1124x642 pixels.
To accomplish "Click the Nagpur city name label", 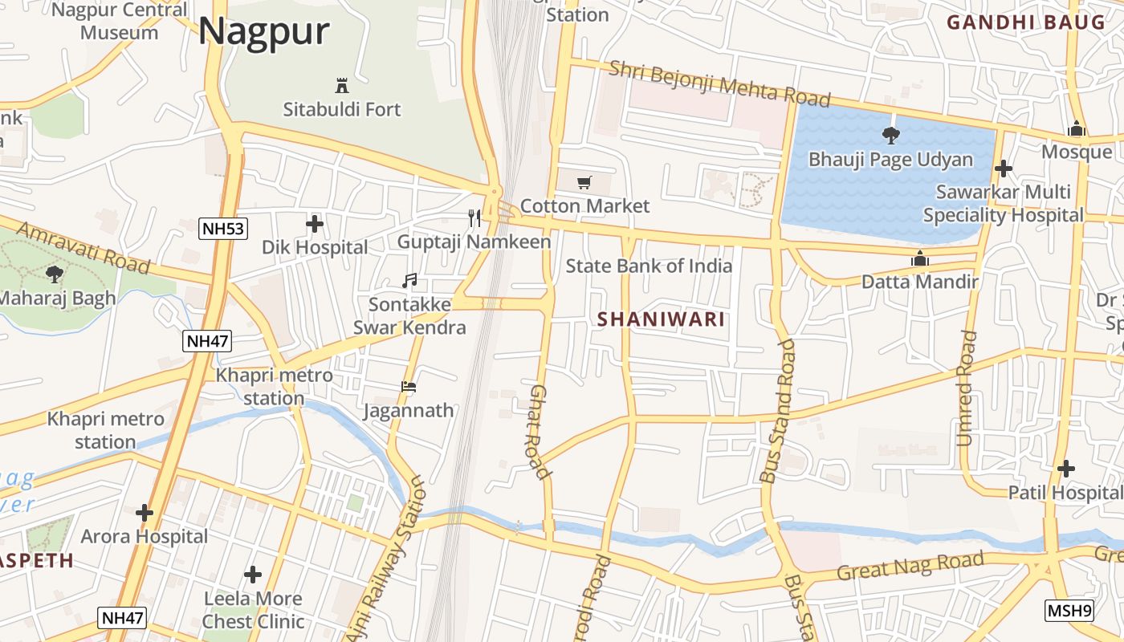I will (x=264, y=31).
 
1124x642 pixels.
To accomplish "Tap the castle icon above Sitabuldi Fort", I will (x=342, y=85).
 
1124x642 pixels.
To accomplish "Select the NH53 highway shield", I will (x=222, y=229).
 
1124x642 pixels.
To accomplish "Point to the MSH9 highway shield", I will (x=1069, y=611).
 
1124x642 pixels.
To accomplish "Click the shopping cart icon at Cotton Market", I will (x=584, y=182).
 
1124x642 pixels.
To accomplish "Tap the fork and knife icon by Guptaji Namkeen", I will (x=474, y=217).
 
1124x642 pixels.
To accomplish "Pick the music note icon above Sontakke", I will (x=409, y=280).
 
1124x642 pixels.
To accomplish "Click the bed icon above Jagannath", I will (x=409, y=387).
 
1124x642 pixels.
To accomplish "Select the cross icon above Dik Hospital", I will (x=315, y=223).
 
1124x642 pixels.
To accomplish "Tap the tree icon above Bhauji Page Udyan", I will (x=890, y=135).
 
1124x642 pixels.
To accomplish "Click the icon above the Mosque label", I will (x=1077, y=128).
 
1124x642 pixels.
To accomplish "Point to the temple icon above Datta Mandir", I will (x=919, y=258).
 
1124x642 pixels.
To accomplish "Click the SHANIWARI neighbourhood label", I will (x=661, y=319).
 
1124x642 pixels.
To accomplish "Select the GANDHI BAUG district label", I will (x=1026, y=22).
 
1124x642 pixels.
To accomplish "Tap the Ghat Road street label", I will (x=540, y=432).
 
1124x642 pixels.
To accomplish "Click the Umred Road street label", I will (x=967, y=388).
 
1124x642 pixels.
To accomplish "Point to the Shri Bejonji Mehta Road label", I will (x=719, y=83).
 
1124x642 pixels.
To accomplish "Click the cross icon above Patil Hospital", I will (x=1066, y=468).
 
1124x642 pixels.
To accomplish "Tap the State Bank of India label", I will (x=649, y=266).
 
